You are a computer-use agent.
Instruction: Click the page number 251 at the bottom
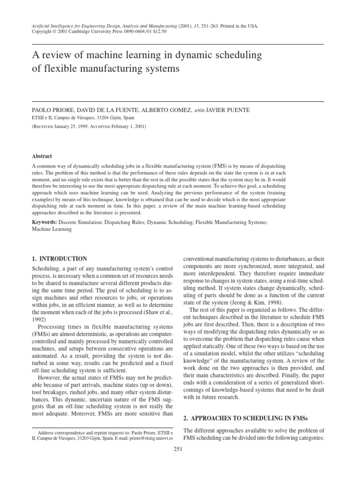pyautogui.click(x=178, y=449)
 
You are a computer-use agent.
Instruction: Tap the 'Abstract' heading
pyautogui.click(x=42, y=157)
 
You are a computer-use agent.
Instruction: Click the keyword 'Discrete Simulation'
pyautogui.click(x=83, y=221)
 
